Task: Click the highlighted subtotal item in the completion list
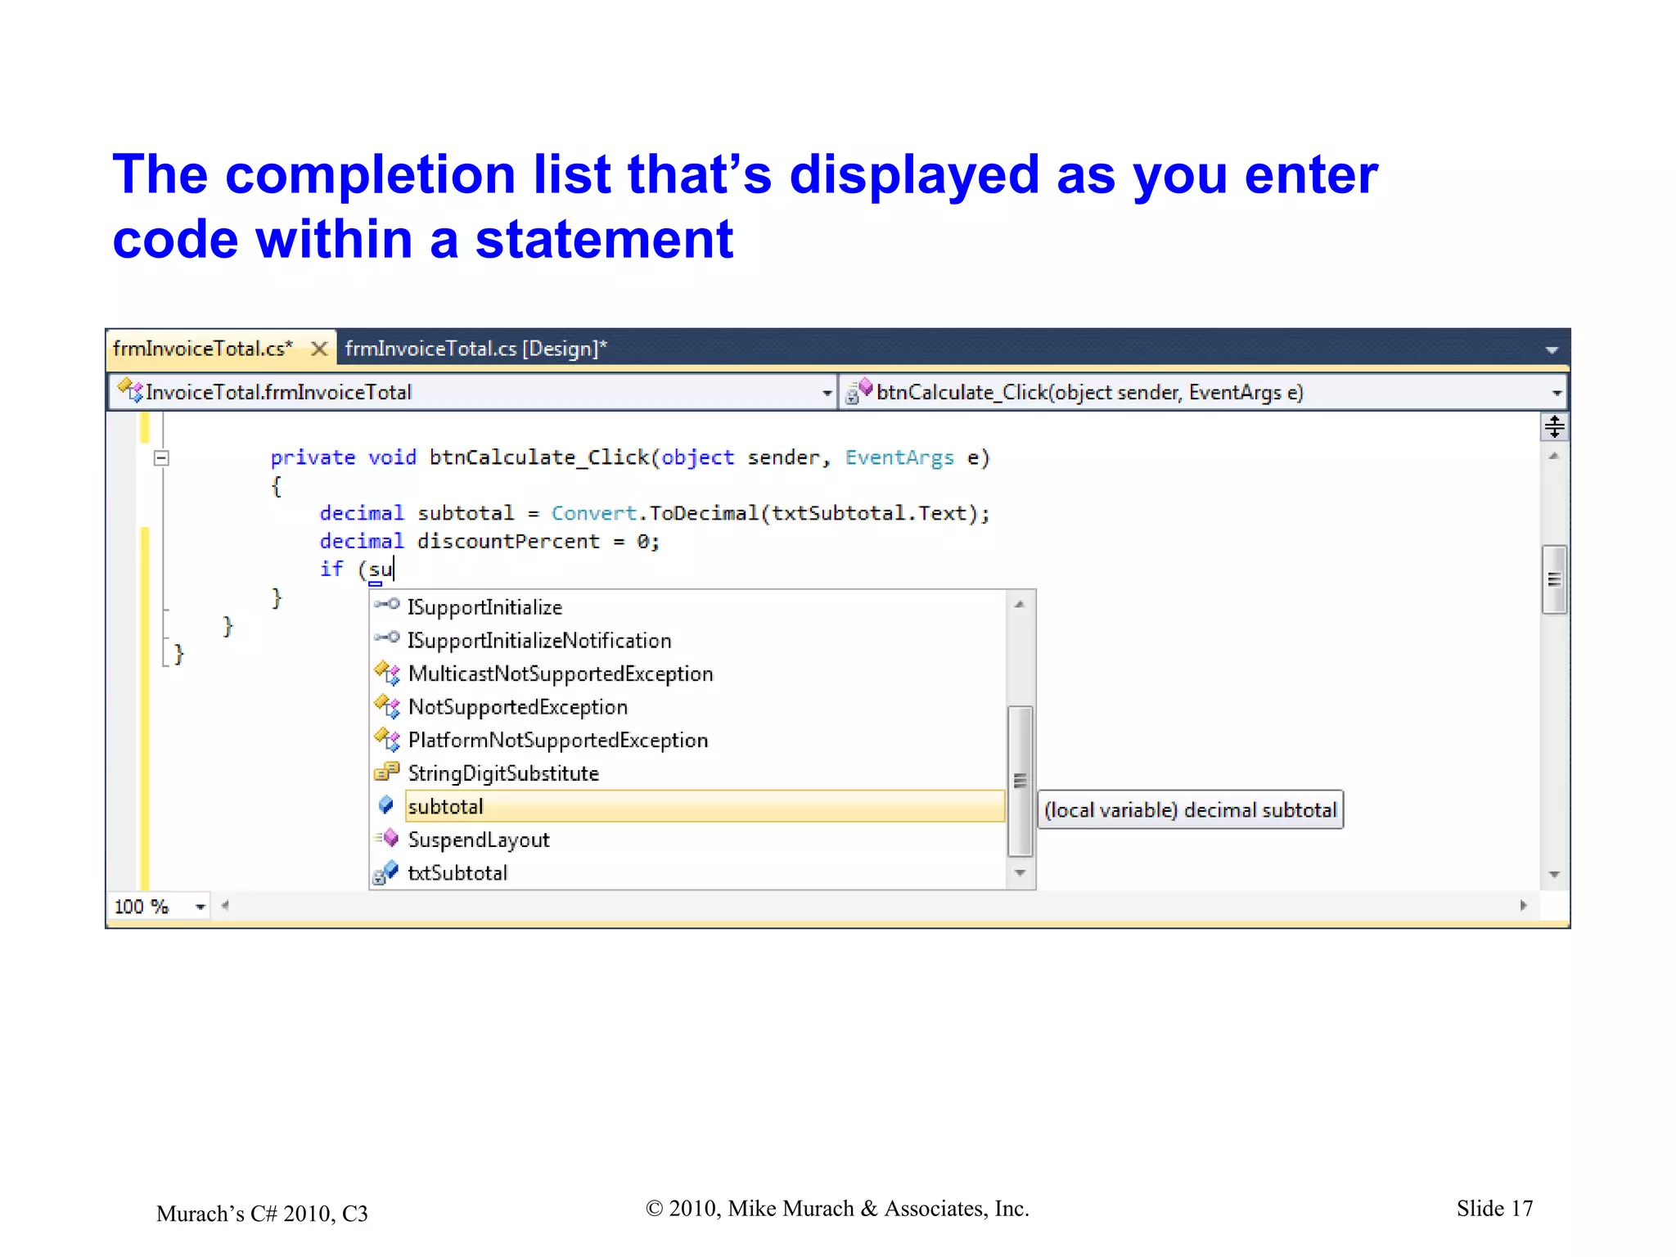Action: [446, 807]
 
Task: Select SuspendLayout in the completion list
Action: [479, 840]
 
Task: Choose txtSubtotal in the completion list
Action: [457, 873]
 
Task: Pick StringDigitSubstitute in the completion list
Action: [503, 773]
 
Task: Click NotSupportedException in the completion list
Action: [518, 707]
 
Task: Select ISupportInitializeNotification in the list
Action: [539, 641]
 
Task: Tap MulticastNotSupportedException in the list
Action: [561, 674]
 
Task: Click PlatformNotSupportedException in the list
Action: [558, 741]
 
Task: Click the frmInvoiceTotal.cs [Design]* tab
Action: [475, 349]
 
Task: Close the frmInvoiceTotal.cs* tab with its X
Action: [320, 349]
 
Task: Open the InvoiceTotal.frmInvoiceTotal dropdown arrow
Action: [827, 394]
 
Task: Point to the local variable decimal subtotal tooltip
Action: [1190, 810]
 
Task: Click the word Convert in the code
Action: [593, 514]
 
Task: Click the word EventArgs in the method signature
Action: [899, 458]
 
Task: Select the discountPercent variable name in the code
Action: [508, 542]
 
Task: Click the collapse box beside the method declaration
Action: [162, 458]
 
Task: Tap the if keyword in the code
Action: [331, 569]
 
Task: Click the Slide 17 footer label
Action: [1494, 1209]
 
